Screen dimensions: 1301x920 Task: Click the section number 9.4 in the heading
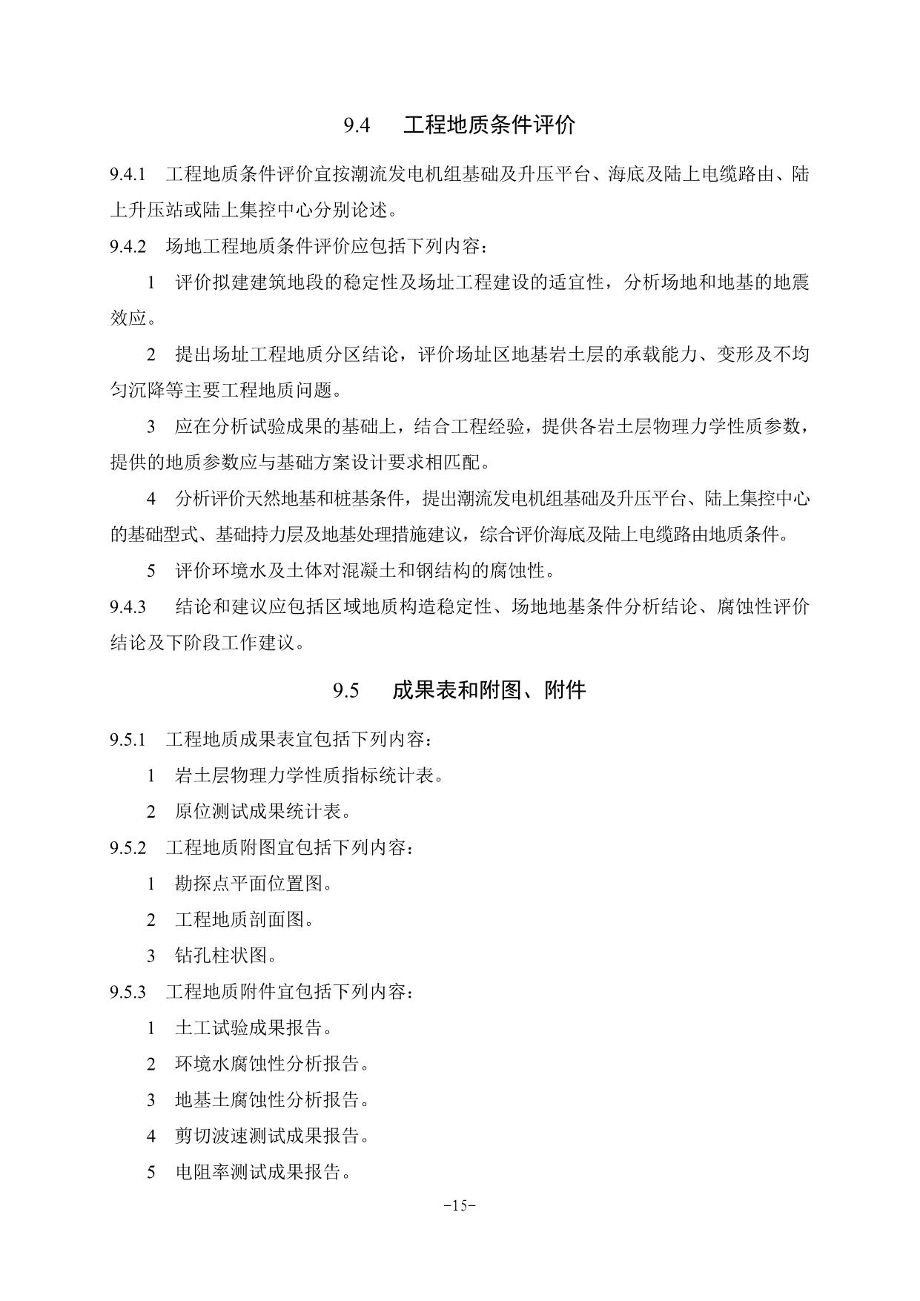pyautogui.click(x=357, y=125)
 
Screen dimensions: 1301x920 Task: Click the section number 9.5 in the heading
pyautogui.click(x=346, y=691)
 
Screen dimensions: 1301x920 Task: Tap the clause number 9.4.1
pyautogui.click(x=128, y=175)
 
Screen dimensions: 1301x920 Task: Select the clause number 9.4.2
pyautogui.click(x=128, y=247)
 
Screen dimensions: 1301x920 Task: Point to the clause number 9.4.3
pyautogui.click(x=128, y=607)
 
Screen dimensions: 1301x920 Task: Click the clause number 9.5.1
pyautogui.click(x=128, y=740)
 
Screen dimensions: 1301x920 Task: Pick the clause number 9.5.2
pyautogui.click(x=128, y=848)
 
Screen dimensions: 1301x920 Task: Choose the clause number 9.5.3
pyautogui.click(x=128, y=992)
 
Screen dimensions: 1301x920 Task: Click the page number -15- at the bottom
pyautogui.click(x=460, y=1205)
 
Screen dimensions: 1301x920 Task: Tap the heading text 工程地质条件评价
pyautogui.click(x=489, y=125)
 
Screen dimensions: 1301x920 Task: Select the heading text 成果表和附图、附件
pyautogui.click(x=489, y=691)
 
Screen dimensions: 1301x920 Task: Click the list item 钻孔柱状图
pyautogui.click(x=226, y=956)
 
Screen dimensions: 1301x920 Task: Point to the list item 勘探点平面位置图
pyautogui.click(x=253, y=884)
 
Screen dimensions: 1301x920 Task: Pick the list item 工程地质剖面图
pyautogui.click(x=244, y=920)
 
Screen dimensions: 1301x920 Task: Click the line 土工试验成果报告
pyautogui.click(x=253, y=1028)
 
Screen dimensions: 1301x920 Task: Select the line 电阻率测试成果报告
pyautogui.click(x=262, y=1172)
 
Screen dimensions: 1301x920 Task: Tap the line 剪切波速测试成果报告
pyautogui.click(x=271, y=1136)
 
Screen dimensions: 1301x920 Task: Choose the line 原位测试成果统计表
pyautogui.click(x=262, y=812)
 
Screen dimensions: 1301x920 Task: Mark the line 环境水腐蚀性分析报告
pyautogui.click(x=271, y=1064)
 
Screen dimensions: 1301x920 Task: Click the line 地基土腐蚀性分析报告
pyautogui.click(x=271, y=1100)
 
